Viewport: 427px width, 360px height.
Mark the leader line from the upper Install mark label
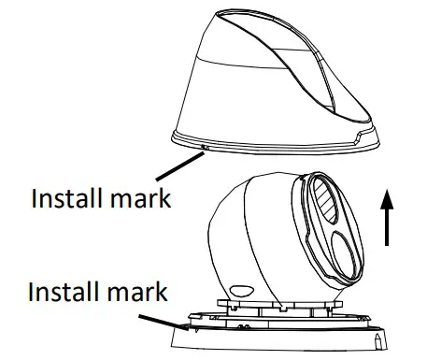(x=179, y=171)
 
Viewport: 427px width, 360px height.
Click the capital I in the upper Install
(x=36, y=198)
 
